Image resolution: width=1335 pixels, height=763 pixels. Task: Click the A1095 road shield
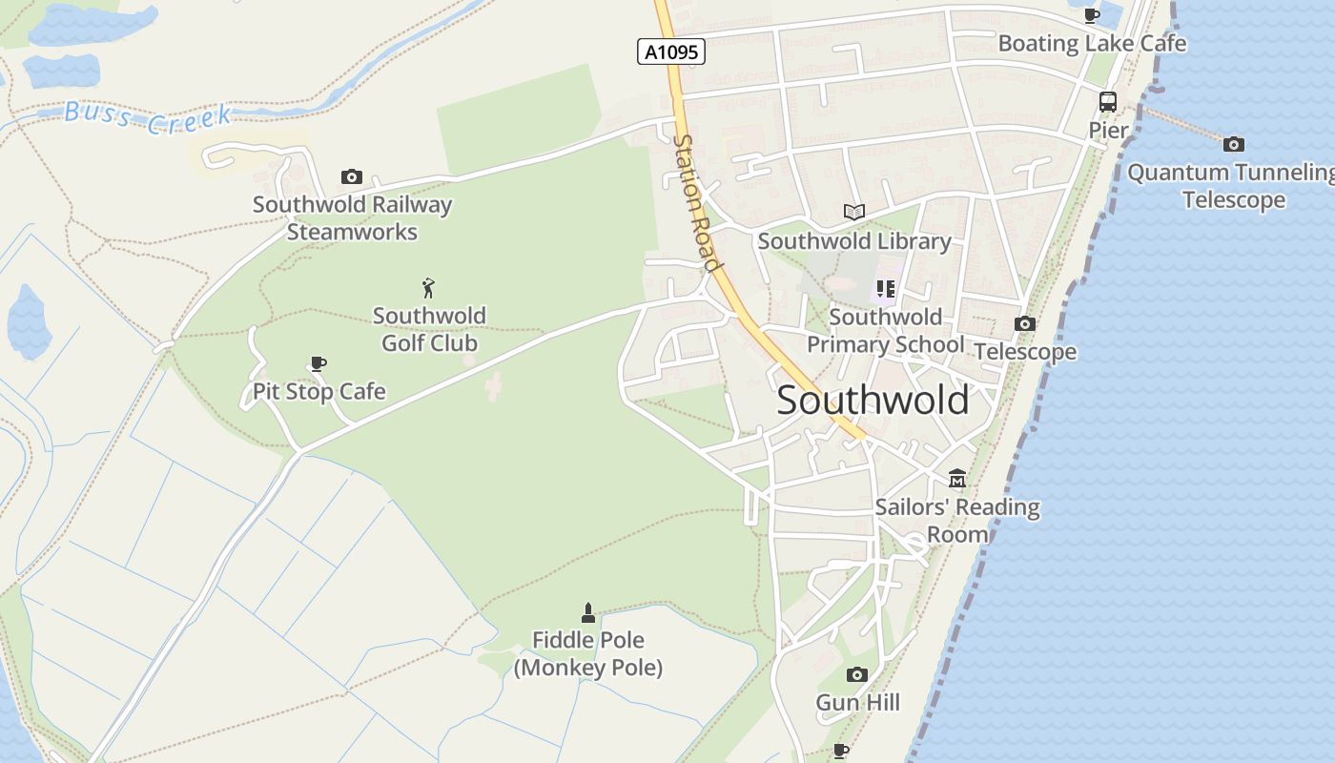coord(670,52)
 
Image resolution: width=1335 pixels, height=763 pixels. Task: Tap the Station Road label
coord(696,202)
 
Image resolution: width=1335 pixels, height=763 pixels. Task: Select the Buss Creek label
coord(148,117)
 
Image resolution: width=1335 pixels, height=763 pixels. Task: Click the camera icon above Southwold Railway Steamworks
coord(352,176)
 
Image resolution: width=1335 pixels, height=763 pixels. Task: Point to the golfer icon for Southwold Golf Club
coord(428,287)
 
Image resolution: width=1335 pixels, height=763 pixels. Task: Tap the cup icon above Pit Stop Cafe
coord(318,363)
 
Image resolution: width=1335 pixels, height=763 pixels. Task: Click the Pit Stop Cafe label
coord(318,391)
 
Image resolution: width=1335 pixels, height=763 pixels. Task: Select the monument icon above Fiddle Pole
coord(588,612)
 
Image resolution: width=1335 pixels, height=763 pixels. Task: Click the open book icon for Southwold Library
coord(853,212)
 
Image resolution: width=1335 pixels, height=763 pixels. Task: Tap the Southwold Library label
coord(854,241)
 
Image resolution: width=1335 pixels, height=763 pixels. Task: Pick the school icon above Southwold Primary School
coord(886,288)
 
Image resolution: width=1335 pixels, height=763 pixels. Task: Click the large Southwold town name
coord(873,400)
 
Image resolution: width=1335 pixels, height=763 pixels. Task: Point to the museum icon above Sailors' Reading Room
coord(956,478)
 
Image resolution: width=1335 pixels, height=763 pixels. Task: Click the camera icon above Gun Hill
coord(856,675)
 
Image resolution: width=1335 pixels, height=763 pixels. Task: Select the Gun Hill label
coord(857,703)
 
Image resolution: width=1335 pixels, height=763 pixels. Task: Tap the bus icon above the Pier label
coord(1108,102)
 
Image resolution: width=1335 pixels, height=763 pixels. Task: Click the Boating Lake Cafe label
coord(1092,43)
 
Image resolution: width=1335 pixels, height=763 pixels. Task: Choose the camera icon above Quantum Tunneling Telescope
coord(1234,144)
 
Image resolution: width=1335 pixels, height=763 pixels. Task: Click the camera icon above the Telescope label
coord(1025,323)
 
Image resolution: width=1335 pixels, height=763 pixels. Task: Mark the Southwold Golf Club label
coord(429,329)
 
